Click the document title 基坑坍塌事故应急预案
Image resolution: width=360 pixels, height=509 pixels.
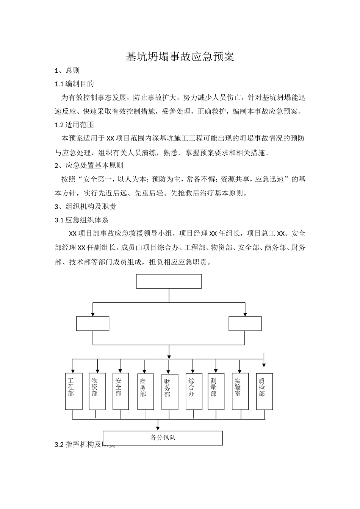pos(180,57)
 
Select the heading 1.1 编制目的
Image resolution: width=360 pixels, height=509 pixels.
pos(74,84)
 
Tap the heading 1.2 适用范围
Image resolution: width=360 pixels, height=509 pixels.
pos(74,125)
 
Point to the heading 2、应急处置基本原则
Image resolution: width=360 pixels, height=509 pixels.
pos(89,166)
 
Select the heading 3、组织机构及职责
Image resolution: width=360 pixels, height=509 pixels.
pos(85,206)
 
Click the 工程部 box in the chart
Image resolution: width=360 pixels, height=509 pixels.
pos(74,391)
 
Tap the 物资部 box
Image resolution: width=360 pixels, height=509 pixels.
pos(97,391)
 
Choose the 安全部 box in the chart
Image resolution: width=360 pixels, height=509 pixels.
pos(121,391)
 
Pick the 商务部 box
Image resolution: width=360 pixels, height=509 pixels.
pos(145,392)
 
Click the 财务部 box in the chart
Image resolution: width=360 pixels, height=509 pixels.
pos(169,392)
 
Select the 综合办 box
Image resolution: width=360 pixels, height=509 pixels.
pos(194,391)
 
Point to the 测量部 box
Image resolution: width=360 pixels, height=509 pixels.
pos(216,391)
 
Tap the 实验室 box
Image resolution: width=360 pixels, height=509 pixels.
pos(240,391)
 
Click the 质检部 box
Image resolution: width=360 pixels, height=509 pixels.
pos(264,391)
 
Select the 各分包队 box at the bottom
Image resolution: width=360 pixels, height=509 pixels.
pos(163,438)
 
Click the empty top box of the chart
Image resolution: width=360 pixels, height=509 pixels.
pos(169,281)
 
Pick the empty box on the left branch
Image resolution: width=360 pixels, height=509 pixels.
pos(93,324)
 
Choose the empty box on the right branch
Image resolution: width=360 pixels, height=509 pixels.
pos(245,324)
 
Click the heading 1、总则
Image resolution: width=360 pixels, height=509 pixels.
pos(67,70)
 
